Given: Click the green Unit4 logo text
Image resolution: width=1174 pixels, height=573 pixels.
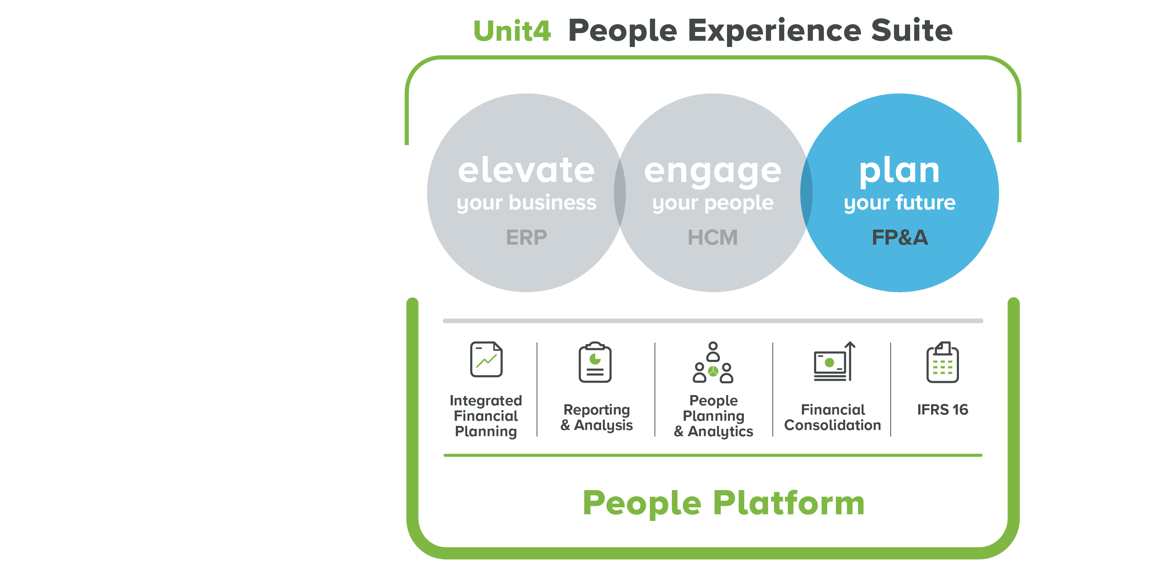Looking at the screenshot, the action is (x=512, y=31).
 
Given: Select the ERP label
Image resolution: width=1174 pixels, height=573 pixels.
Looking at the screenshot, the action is (x=526, y=237).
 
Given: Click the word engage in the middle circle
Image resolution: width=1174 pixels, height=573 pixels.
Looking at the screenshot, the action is (x=713, y=172).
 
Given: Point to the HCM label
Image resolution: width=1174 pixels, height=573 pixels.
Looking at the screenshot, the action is (x=713, y=237).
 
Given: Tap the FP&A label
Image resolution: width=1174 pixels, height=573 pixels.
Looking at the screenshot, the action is (x=899, y=237).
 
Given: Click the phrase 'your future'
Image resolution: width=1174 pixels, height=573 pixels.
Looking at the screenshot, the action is (x=899, y=203).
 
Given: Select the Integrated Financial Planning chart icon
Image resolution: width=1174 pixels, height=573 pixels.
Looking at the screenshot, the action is (x=486, y=360).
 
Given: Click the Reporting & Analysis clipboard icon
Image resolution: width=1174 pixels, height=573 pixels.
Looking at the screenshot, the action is (x=595, y=362).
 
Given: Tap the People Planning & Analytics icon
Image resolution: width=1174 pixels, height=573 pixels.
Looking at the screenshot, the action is (x=713, y=362).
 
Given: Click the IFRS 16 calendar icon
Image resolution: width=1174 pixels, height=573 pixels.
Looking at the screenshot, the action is (x=942, y=362).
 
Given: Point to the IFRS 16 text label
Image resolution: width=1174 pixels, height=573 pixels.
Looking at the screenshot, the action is (x=942, y=409).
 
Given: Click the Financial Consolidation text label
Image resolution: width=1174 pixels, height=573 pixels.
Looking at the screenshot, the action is (x=833, y=417).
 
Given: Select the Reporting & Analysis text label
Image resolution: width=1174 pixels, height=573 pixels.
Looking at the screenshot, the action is (x=597, y=417).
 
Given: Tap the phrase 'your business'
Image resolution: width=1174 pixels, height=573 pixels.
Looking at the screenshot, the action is (x=526, y=203).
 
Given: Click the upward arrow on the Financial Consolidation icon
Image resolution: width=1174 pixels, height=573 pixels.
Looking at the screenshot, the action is (x=850, y=361).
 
